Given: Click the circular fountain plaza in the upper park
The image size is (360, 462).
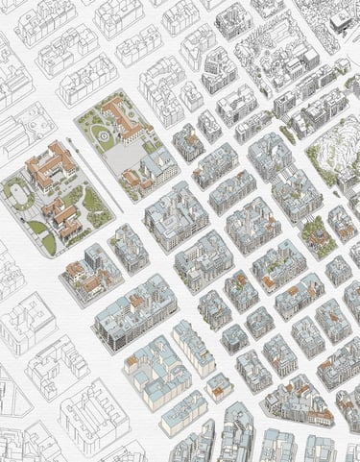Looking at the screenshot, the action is (x=101, y=137).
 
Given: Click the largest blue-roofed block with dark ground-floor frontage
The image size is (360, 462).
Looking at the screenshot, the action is (x=134, y=312).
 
